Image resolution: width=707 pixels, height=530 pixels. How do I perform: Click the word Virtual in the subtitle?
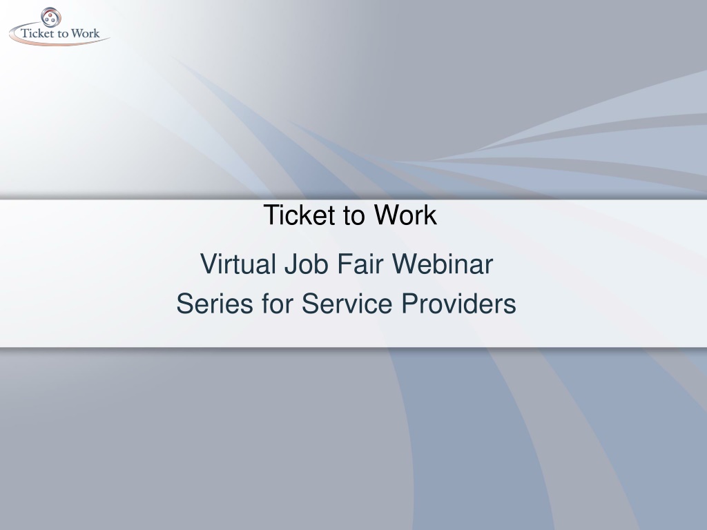(x=238, y=264)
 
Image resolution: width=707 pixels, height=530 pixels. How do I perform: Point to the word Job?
(x=306, y=264)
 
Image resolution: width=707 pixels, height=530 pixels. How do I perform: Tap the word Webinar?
(x=443, y=264)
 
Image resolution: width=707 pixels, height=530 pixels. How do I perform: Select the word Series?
(x=215, y=304)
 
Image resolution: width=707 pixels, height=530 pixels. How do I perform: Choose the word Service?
(x=347, y=304)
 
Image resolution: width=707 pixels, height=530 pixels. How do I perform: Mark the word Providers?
(x=458, y=304)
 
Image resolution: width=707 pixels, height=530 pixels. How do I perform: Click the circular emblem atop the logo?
(x=51, y=17)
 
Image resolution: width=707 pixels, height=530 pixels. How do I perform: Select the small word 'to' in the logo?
(x=64, y=35)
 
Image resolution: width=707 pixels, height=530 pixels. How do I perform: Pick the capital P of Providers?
(x=410, y=304)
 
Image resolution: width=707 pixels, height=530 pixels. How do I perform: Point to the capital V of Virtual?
(x=209, y=264)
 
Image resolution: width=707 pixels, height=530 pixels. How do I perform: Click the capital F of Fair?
(x=345, y=264)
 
